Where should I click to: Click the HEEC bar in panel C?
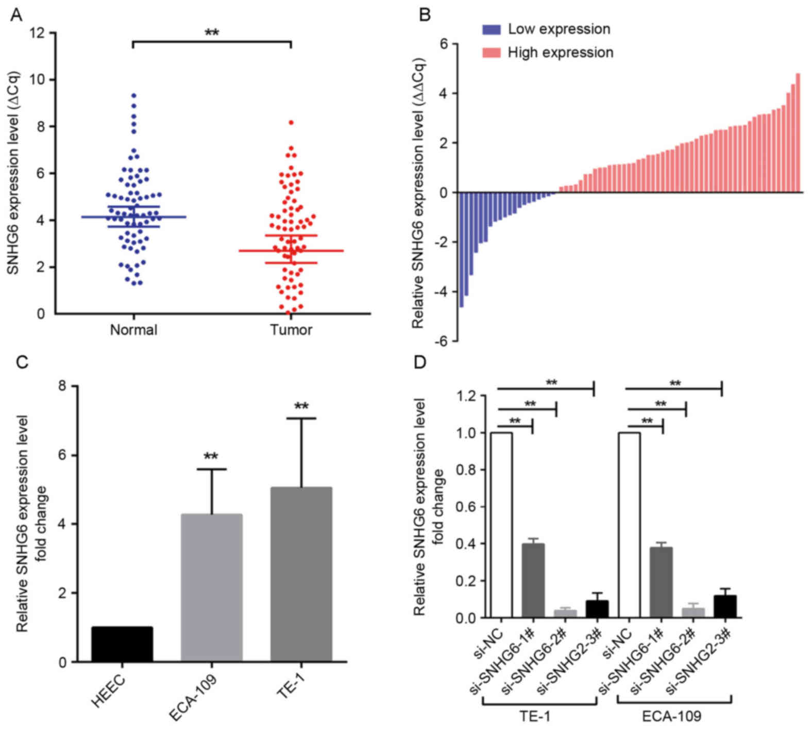[122, 644]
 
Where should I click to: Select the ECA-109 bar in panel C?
[212, 588]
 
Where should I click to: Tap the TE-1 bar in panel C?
[301, 574]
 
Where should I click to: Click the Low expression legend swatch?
[491, 29]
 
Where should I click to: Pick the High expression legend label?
[561, 53]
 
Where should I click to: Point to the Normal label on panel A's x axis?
[133, 329]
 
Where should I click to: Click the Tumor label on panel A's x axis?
[291, 329]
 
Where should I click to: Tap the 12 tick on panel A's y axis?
[43, 34]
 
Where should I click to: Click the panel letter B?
[425, 15]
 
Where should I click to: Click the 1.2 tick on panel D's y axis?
[467, 396]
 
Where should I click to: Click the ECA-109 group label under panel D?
[673, 717]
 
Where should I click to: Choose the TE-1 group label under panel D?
[539, 717]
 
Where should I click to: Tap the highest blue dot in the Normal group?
[133, 95]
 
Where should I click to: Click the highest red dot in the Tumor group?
[291, 123]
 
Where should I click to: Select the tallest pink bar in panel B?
[798, 133]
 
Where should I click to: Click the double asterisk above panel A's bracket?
[212, 33]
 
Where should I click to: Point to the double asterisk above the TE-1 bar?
[301, 406]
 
